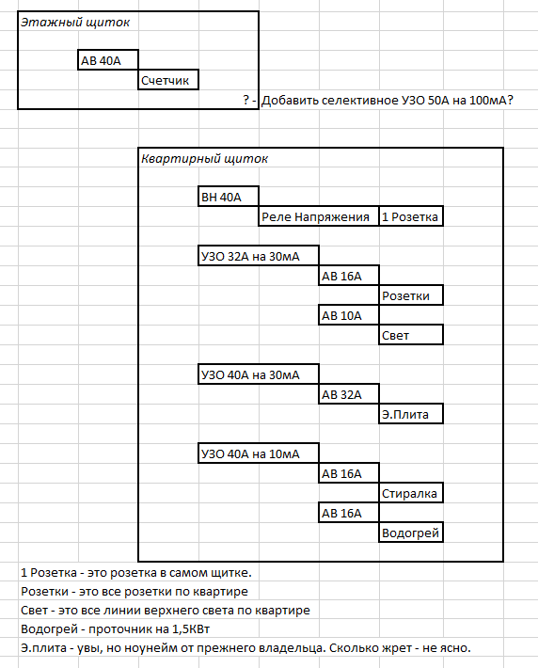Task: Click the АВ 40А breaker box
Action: [x=108, y=60]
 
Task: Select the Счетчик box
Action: [x=168, y=80]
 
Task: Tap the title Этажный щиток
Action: [x=75, y=23]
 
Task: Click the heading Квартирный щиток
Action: [x=204, y=159]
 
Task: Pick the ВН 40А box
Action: [x=229, y=197]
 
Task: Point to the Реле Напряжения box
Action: [x=319, y=216]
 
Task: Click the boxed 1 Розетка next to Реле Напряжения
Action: [x=411, y=216]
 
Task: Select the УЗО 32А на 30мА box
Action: [x=259, y=256]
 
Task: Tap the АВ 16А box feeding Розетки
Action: [x=349, y=276]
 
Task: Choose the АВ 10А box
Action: [x=349, y=315]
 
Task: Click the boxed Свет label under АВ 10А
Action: [x=411, y=335]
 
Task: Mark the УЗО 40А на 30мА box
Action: [x=259, y=374]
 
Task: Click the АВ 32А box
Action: [x=349, y=394]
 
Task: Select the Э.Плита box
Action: [x=411, y=414]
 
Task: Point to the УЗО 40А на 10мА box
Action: [x=259, y=453]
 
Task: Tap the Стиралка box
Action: [x=411, y=493]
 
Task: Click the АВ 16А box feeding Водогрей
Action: [x=349, y=513]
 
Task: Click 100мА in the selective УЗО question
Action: [x=491, y=101]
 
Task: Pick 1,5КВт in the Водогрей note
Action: [x=191, y=629]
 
